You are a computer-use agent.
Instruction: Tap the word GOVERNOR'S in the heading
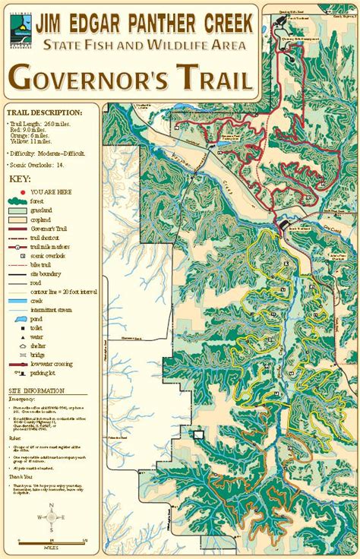pos(93,78)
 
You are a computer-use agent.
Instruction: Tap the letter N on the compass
pos(51,505)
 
